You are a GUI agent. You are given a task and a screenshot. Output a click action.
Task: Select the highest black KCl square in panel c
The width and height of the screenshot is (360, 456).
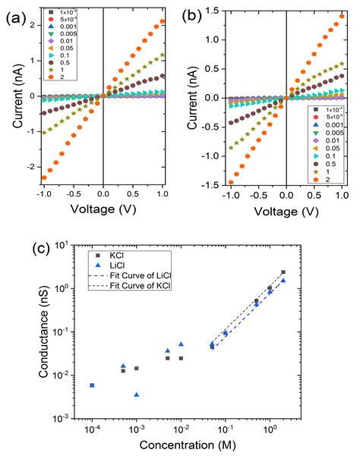(283, 272)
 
